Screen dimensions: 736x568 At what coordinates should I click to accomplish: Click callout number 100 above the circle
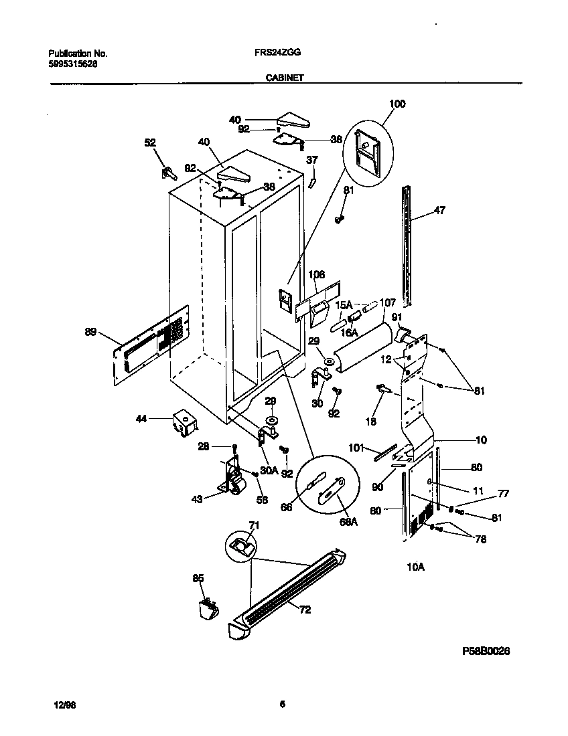(x=397, y=104)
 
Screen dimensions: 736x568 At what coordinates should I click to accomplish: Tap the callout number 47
(x=439, y=210)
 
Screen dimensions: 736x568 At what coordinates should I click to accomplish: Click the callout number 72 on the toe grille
(x=305, y=610)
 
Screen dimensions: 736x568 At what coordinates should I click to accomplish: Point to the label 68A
(x=348, y=522)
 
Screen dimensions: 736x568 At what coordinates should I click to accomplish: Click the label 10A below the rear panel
(x=415, y=567)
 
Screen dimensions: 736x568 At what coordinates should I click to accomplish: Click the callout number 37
(x=312, y=160)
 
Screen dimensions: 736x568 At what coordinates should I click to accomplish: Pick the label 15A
(x=342, y=304)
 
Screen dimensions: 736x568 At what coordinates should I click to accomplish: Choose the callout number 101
(x=355, y=447)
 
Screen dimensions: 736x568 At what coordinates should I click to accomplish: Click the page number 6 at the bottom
(x=283, y=703)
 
